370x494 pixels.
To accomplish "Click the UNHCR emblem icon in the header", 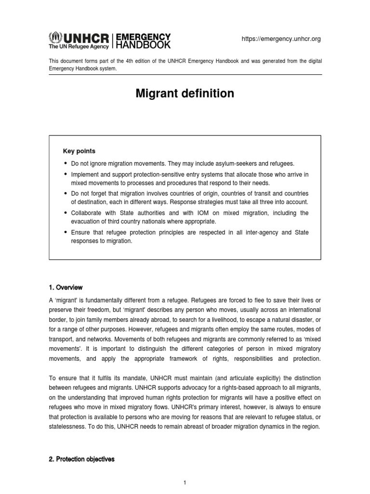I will [54, 37].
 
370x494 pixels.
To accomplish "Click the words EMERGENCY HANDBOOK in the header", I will [143, 41].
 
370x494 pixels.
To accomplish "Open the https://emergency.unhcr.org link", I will [281, 39].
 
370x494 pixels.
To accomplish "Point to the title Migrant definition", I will [185, 94].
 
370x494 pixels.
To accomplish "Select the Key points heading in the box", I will [79, 151].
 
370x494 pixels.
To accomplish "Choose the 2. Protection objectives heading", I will [81, 459].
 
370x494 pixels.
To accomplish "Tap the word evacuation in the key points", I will [86, 221].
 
